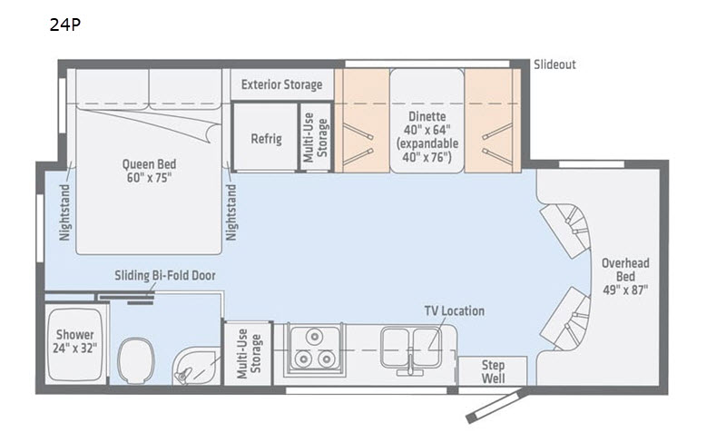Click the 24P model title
pos(64,25)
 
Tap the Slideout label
pos(554,64)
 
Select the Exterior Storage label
pos(281,84)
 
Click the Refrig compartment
pos(266,137)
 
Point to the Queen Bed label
pos(149,171)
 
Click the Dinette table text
pos(427,136)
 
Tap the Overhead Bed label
pos(625,277)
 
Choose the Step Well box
pos(493,371)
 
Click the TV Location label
pos(455,310)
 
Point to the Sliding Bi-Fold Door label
pos(165,276)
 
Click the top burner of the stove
pos(315,336)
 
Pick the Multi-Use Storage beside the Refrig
pos(316,137)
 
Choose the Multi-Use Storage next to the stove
pos(249,353)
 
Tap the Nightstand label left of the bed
pos(64,212)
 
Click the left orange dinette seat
pos(361,121)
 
